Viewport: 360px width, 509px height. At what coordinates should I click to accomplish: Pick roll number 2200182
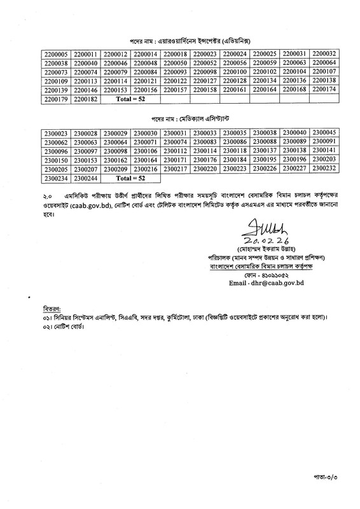(x=85, y=100)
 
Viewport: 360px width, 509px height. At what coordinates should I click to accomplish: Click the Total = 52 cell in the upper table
(x=128, y=100)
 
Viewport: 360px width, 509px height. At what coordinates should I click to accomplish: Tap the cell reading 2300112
(x=174, y=150)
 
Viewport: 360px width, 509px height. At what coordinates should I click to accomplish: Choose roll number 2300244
(x=85, y=178)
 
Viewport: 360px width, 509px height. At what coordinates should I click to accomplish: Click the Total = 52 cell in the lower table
(x=128, y=178)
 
